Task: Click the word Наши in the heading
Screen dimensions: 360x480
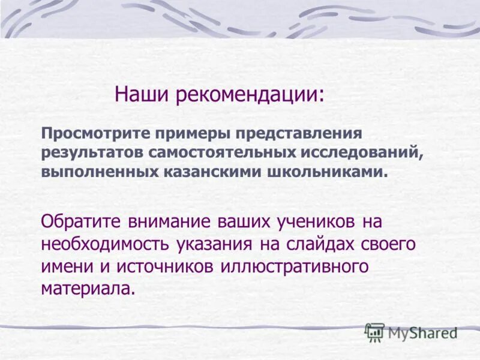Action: point(139,95)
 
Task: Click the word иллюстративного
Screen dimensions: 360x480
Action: point(294,266)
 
